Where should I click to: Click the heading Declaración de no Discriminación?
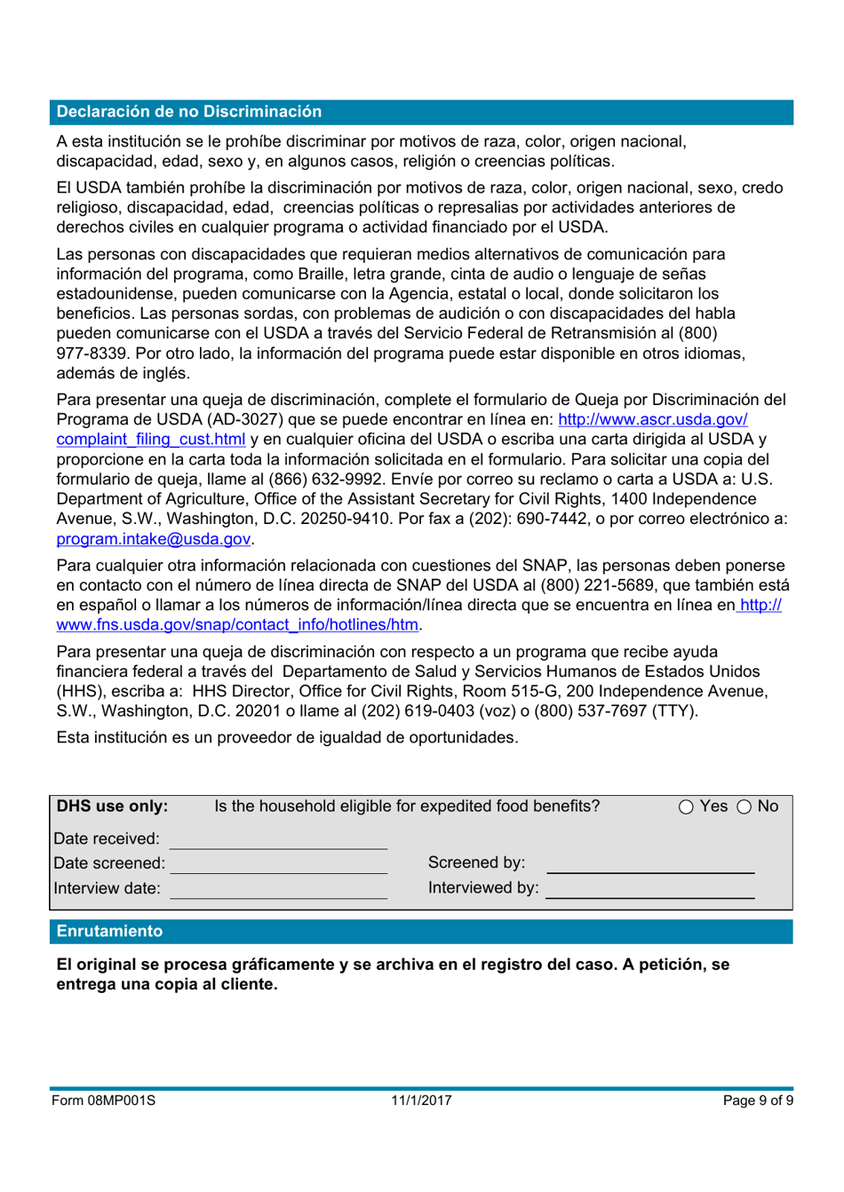coord(188,112)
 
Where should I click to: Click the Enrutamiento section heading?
coord(109,931)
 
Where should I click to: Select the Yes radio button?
coord(687,807)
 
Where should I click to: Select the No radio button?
coord(744,807)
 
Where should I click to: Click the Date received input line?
coord(278,839)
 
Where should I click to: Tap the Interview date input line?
coord(278,889)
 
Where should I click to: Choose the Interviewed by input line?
coord(650,889)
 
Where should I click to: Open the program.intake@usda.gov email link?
coord(153,539)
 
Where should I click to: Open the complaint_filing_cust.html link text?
coord(150,440)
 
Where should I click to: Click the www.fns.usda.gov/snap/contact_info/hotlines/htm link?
coord(236,624)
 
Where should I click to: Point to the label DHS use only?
coord(112,807)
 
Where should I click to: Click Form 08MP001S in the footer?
coord(103,1101)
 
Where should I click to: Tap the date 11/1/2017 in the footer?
coord(421,1101)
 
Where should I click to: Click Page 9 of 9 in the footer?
coord(757,1101)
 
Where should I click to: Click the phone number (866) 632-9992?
coord(323,480)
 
